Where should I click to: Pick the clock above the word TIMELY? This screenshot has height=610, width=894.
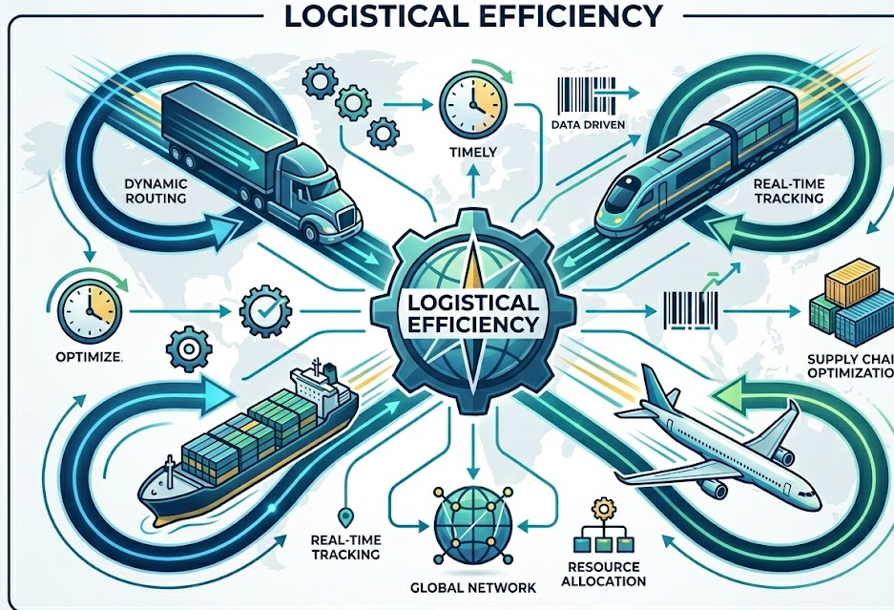click(x=469, y=103)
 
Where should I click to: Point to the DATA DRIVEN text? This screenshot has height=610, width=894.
click(x=583, y=125)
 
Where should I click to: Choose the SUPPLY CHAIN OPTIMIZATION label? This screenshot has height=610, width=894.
click(x=844, y=366)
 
